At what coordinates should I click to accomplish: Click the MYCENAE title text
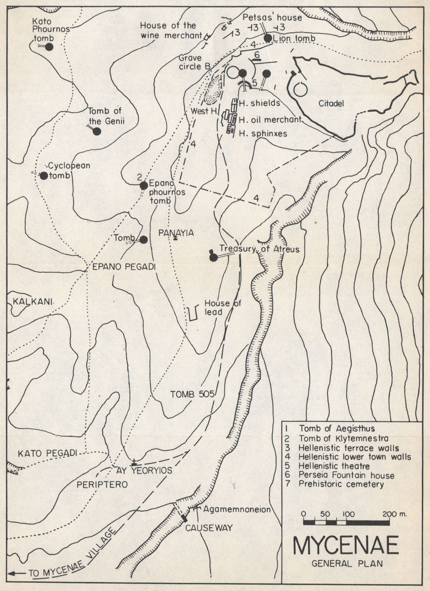pyautogui.click(x=345, y=545)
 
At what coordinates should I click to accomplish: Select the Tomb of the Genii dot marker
pyautogui.click(x=97, y=132)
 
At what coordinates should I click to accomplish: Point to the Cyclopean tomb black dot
pyautogui.click(x=43, y=175)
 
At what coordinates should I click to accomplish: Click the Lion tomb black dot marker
pyautogui.click(x=268, y=38)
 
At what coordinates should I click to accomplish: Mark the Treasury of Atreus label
pyautogui.click(x=259, y=249)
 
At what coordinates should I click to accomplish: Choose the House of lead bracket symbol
pyautogui.click(x=193, y=313)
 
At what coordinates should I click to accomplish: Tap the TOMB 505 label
pyautogui.click(x=192, y=394)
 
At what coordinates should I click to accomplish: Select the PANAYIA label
pyautogui.click(x=176, y=233)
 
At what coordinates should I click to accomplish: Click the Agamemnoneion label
pyautogui.click(x=237, y=509)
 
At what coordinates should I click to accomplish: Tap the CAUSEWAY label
pyautogui.click(x=209, y=528)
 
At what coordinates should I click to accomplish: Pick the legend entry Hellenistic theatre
pyautogui.click(x=335, y=466)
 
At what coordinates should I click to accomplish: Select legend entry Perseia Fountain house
pyautogui.click(x=347, y=475)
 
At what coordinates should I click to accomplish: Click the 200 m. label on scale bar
pyautogui.click(x=395, y=514)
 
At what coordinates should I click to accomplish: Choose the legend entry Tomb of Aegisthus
pyautogui.click(x=337, y=429)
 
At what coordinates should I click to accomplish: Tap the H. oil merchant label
pyautogui.click(x=270, y=120)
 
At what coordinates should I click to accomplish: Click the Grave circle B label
pyautogui.click(x=194, y=62)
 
